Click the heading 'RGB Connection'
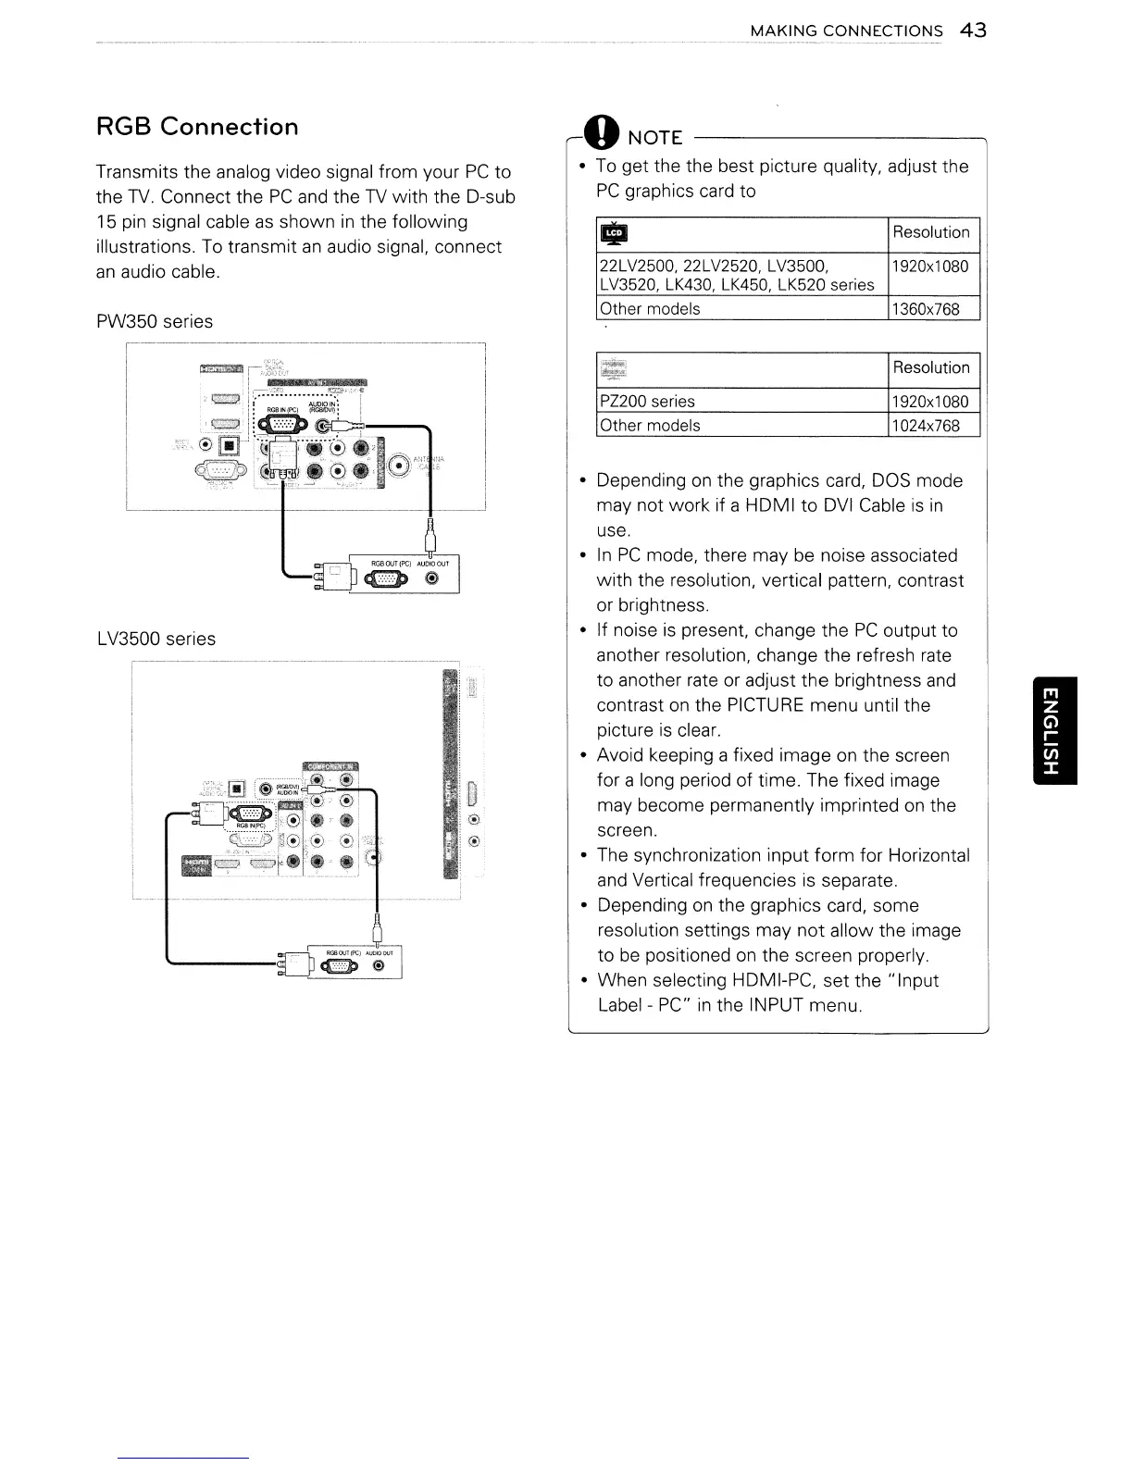197,127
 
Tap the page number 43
973,31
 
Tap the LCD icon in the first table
614,233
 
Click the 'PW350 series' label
155,321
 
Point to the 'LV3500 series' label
156,639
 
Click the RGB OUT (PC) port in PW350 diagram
387,580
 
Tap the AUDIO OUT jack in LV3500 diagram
378,966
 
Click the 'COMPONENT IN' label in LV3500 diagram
330,765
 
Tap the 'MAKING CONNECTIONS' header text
846,31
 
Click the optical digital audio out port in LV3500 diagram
237,789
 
